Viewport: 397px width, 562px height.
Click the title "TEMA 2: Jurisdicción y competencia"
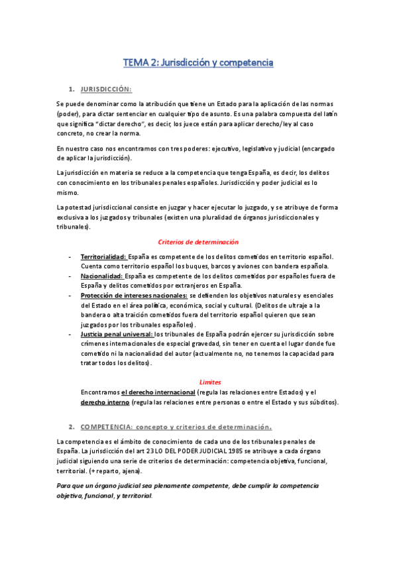click(x=198, y=63)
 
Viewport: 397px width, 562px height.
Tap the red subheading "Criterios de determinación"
click(x=198, y=243)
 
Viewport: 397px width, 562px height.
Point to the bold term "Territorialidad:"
click(x=103, y=256)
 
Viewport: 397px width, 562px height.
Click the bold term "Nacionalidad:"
click(x=101, y=276)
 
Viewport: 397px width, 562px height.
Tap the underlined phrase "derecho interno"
click(x=105, y=402)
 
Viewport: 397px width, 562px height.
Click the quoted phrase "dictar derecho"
click(x=130, y=123)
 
